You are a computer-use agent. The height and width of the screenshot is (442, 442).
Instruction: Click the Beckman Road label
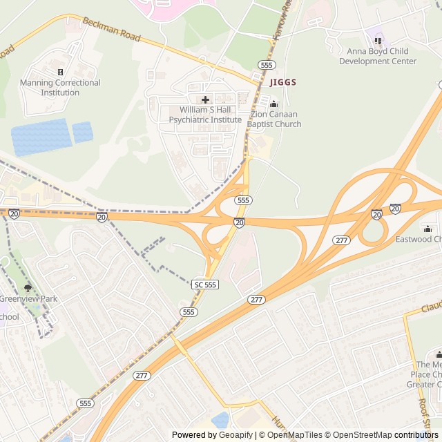(112, 30)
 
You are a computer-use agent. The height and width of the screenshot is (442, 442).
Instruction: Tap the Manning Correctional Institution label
(60, 88)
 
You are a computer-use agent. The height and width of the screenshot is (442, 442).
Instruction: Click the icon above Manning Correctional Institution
(60, 72)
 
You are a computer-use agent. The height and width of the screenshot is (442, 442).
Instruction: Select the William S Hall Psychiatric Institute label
(205, 115)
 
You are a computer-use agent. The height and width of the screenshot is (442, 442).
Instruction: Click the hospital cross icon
(205, 99)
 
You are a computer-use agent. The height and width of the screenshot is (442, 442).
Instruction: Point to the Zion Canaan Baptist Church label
(276, 119)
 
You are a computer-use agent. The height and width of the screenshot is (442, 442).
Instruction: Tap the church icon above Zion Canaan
(273, 104)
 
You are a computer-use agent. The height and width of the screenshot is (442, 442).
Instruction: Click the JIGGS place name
(283, 82)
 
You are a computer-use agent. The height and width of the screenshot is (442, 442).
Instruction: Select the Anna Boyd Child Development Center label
(378, 56)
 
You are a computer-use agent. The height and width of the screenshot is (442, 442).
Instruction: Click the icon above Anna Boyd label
(378, 41)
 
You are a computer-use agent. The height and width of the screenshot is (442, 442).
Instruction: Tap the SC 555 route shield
(205, 285)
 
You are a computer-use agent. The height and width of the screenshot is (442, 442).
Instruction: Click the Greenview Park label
(28, 299)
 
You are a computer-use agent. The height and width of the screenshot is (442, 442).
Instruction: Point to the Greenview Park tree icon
(28, 288)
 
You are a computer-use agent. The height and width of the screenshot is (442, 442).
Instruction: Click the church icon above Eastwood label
(427, 229)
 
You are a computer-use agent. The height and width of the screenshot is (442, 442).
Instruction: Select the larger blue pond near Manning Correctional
(41, 137)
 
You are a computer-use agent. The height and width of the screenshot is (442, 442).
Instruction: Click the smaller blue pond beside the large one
(83, 131)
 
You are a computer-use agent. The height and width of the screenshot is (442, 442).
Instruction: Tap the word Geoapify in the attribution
(236, 435)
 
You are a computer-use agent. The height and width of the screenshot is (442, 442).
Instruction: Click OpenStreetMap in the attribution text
(358, 435)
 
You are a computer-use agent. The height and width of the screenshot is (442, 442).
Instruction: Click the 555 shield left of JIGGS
(267, 64)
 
